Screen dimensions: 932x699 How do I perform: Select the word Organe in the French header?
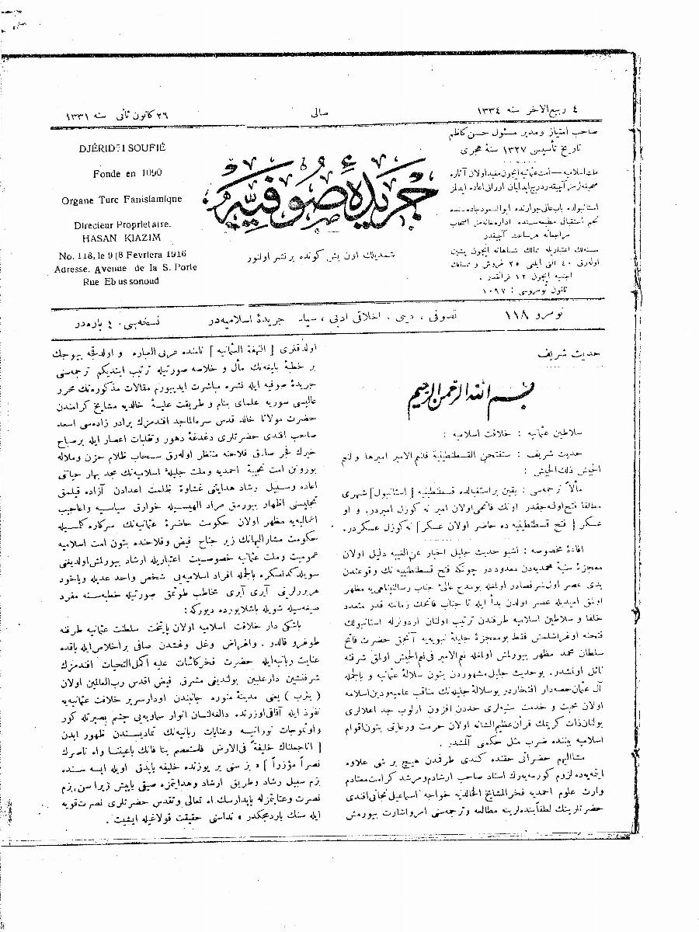point(78,199)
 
